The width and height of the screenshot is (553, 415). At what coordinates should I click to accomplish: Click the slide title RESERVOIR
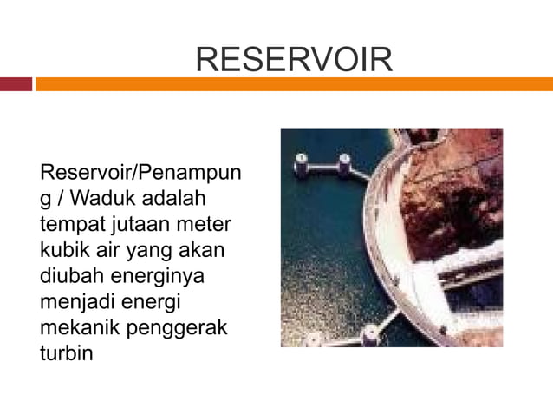point(294,59)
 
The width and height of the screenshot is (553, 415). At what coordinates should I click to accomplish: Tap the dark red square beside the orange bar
point(16,84)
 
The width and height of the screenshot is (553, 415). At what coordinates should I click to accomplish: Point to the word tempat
point(71,225)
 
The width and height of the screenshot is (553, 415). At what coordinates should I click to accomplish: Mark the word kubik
point(65,252)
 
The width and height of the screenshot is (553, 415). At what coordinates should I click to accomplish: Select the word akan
point(202,252)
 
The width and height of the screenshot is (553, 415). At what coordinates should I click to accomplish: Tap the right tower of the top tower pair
point(344,163)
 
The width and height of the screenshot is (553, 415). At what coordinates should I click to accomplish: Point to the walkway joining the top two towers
point(322,165)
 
